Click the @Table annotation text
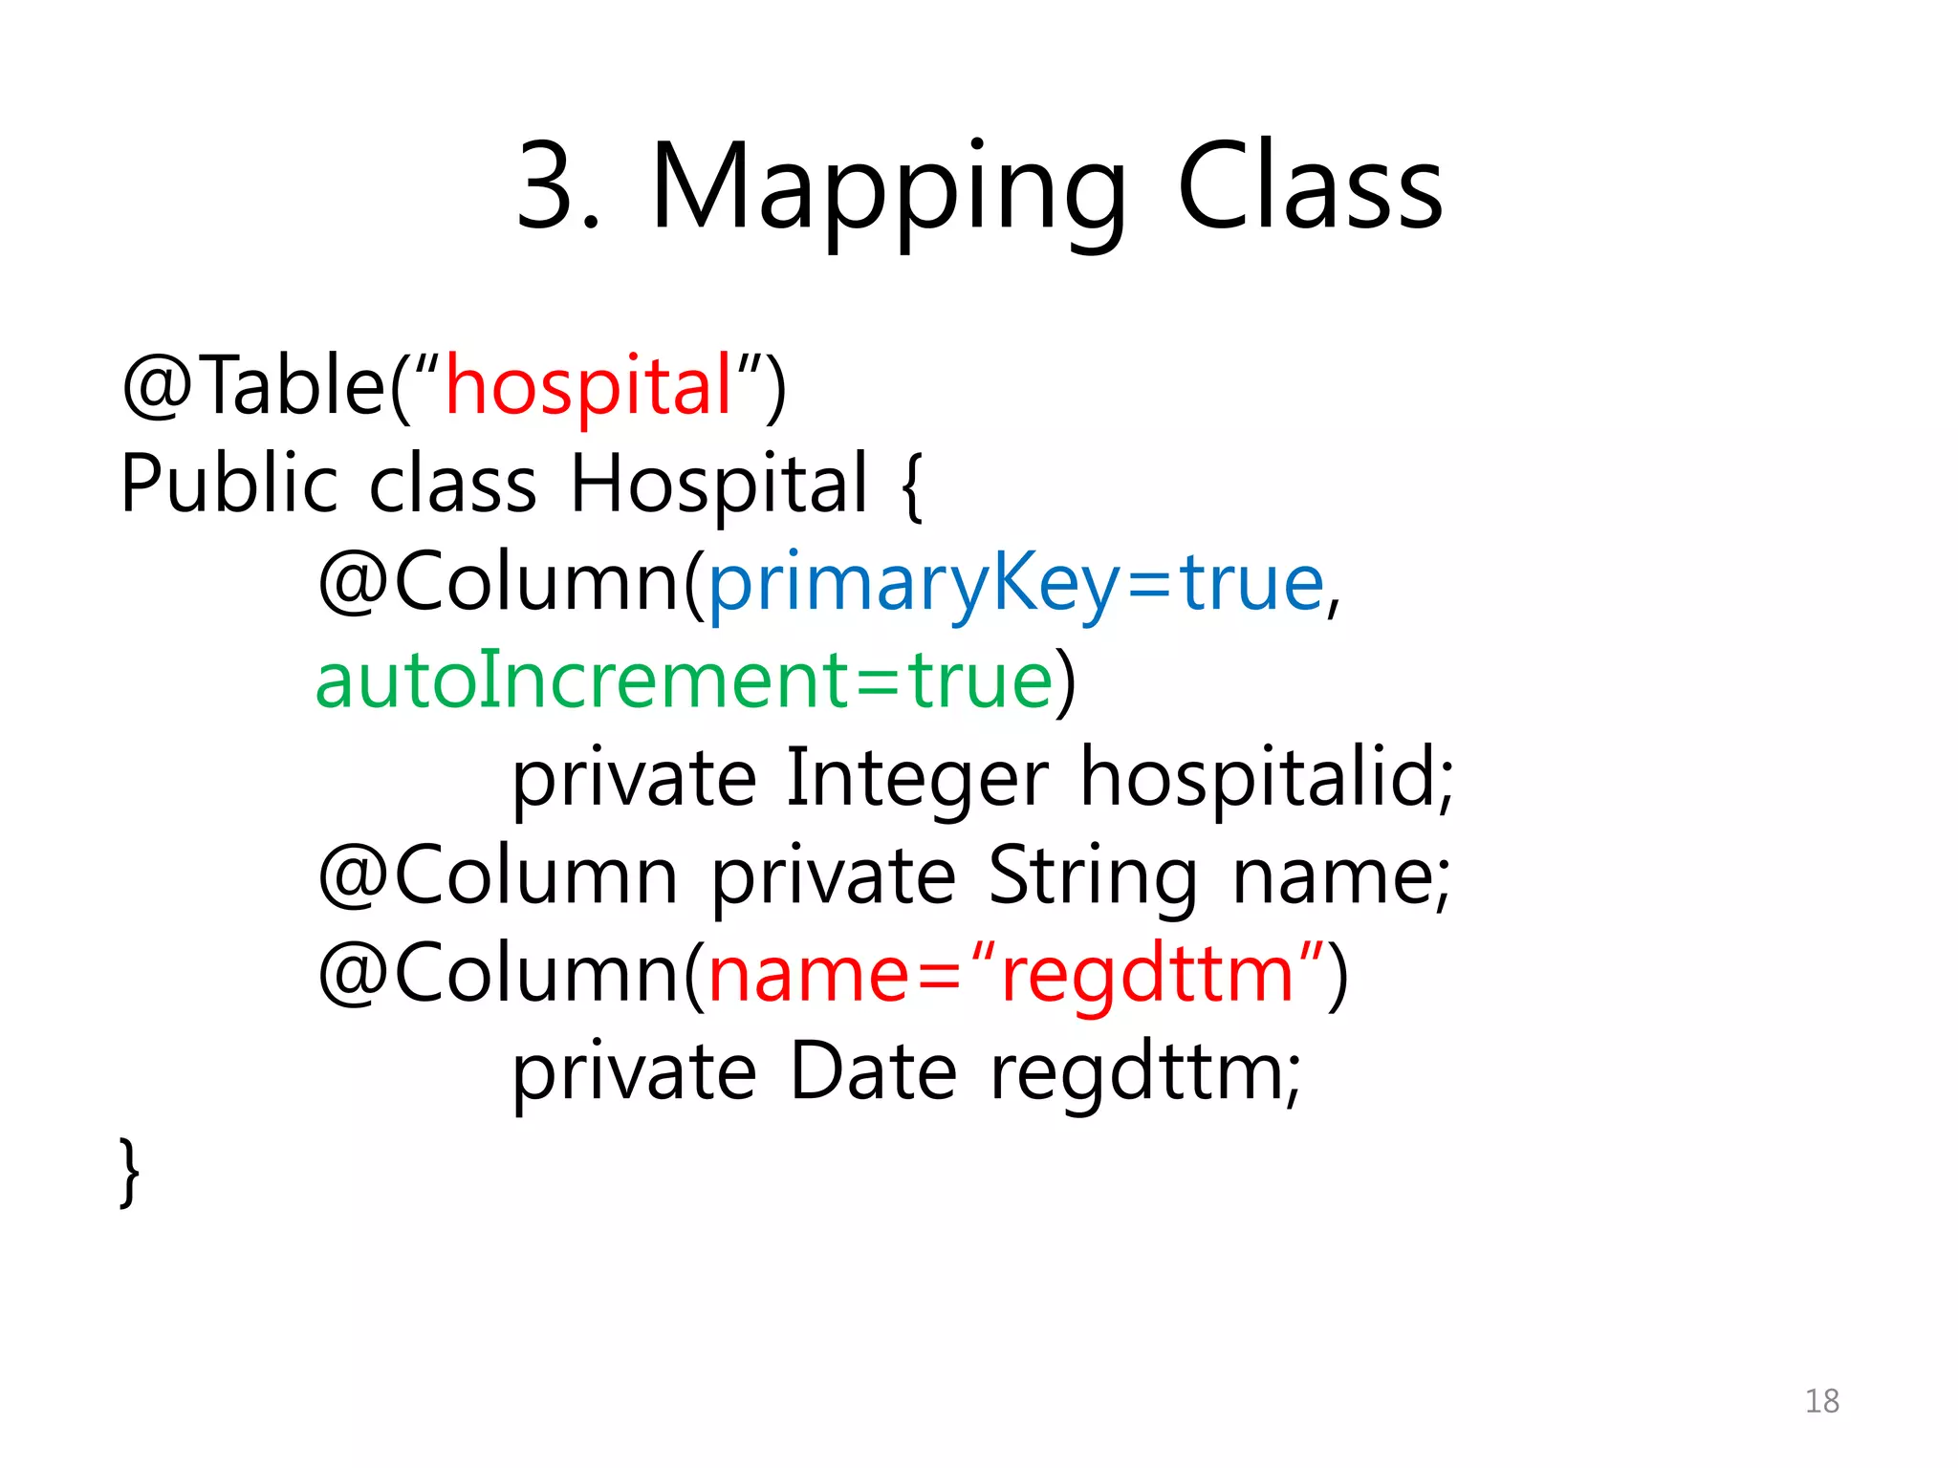pos(253,386)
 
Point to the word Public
pos(229,484)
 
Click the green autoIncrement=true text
pos(684,680)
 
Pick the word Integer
pos(917,778)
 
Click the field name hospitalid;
pos(1267,778)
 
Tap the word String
pos(1092,876)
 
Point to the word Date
pos(873,1071)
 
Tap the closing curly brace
pos(130,1172)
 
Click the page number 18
pos(1821,1401)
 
